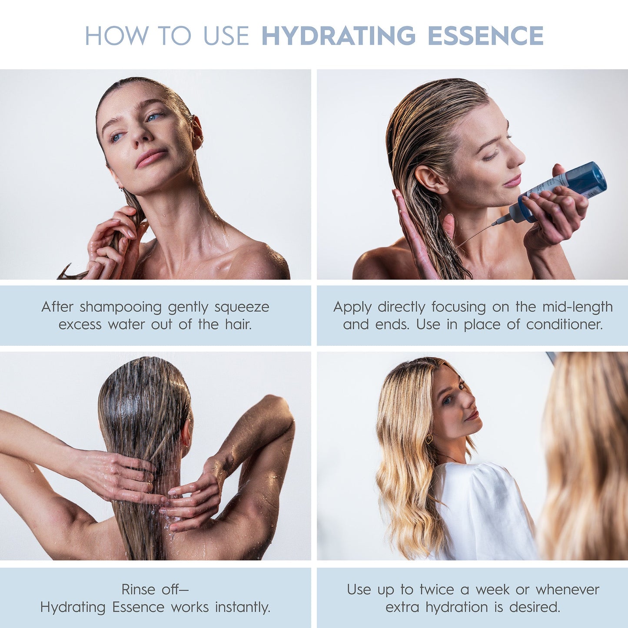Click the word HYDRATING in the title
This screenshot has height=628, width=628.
click(x=339, y=36)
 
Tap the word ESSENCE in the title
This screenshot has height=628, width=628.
click(x=485, y=36)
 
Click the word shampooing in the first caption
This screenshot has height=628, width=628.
click(x=120, y=308)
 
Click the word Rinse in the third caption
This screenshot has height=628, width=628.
click(x=138, y=590)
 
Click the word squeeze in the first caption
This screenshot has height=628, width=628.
click(x=242, y=308)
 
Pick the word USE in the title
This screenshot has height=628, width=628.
click(x=226, y=36)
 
